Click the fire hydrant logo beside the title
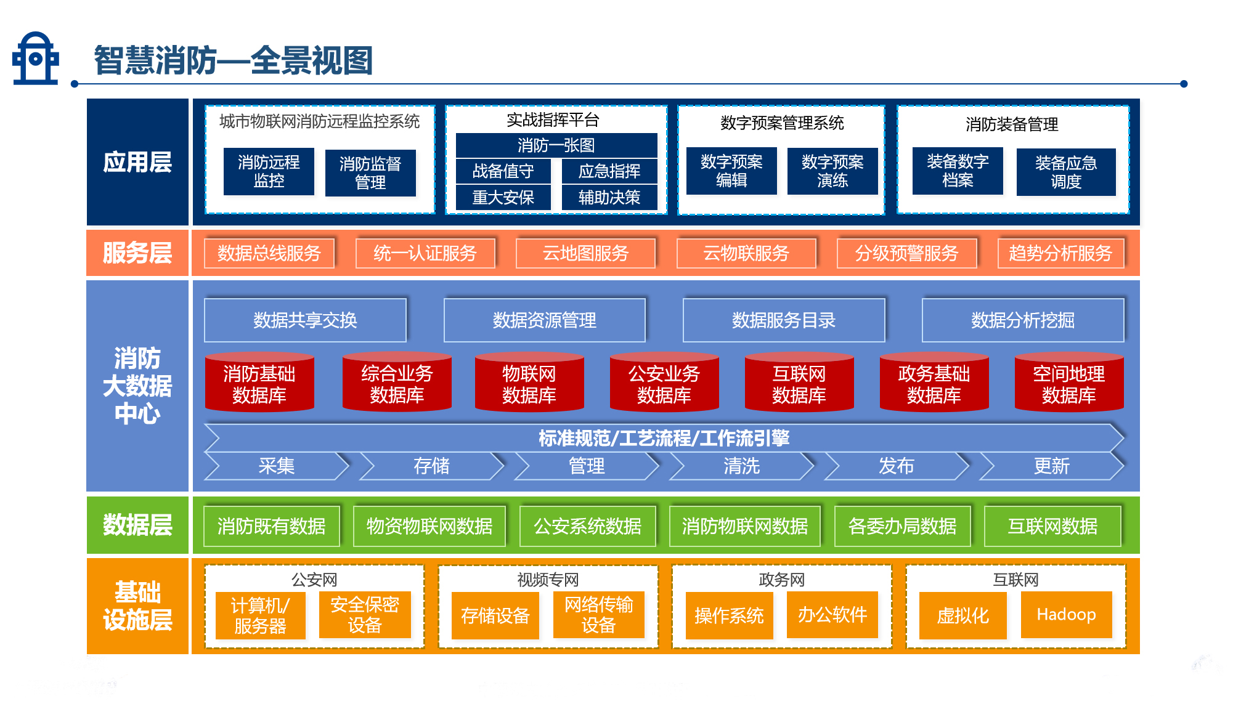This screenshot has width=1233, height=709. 35,59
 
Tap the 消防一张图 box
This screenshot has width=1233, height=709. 556,145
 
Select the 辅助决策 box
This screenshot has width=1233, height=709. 609,197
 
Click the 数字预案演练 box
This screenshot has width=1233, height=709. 832,171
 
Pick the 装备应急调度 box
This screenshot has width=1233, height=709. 1066,172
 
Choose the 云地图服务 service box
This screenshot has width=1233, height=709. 585,253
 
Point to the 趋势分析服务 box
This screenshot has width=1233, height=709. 1060,253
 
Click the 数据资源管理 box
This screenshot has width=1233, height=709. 544,320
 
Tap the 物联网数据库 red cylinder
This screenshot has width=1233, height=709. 529,383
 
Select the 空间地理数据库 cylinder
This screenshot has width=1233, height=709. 1069,383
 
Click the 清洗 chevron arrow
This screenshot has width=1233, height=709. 741,466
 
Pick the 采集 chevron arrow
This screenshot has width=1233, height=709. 276,466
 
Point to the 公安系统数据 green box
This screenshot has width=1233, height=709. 587,526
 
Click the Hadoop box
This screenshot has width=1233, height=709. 1066,615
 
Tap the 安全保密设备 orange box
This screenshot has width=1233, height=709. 365,615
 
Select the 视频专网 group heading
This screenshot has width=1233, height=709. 548,580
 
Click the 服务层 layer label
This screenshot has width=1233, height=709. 137,253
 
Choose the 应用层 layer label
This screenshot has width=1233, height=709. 137,162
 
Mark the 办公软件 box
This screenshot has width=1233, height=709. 832,615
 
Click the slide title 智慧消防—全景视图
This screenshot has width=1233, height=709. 234,60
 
